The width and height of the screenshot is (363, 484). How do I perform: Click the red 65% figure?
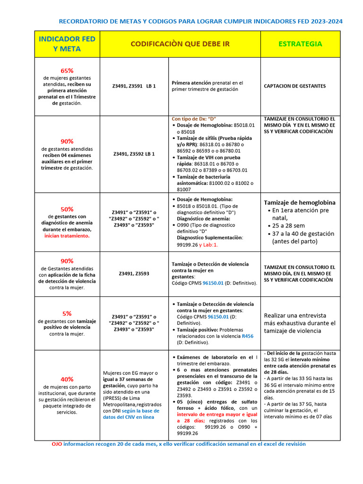(x=67, y=70)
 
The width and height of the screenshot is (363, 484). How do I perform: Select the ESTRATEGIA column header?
(x=300, y=44)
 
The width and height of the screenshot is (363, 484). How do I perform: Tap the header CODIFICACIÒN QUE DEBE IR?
(x=180, y=44)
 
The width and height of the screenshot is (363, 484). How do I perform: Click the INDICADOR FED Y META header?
(x=67, y=44)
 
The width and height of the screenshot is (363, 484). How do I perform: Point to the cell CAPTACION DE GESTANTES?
(x=294, y=86)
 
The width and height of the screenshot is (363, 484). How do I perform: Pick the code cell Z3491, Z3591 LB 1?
(x=134, y=86)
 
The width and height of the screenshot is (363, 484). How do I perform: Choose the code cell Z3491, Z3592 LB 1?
(x=134, y=154)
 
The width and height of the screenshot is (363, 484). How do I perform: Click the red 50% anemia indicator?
(x=67, y=209)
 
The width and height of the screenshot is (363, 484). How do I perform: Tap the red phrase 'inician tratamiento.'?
(x=67, y=235)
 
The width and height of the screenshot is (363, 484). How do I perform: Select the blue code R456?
(x=247, y=336)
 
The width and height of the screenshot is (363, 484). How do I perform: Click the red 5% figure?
(x=67, y=313)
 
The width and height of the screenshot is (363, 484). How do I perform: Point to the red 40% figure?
(x=67, y=379)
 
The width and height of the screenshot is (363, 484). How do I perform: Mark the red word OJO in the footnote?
(x=56, y=444)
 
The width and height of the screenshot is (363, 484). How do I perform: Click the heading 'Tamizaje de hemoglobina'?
(x=299, y=202)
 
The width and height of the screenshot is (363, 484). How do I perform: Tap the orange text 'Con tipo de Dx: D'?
(x=197, y=119)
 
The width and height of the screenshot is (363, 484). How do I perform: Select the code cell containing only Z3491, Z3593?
(x=134, y=273)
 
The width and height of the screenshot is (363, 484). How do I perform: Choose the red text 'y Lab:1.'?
(x=208, y=245)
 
